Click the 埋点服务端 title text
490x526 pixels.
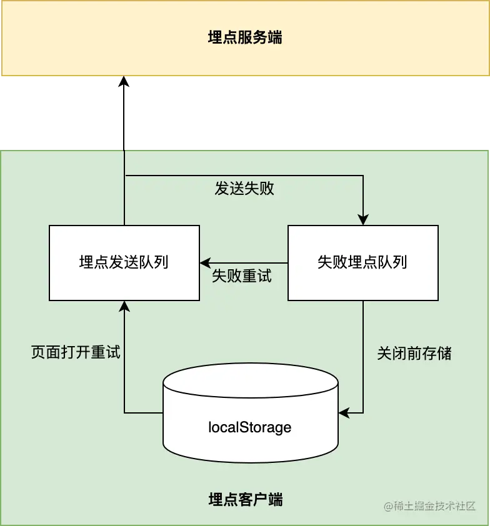(x=245, y=37)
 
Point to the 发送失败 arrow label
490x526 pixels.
(x=244, y=189)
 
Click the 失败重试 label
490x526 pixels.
(x=242, y=276)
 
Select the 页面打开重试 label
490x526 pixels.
(x=76, y=352)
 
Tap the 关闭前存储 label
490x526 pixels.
(x=414, y=354)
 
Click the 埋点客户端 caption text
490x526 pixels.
(x=245, y=500)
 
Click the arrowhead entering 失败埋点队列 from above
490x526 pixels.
(x=362, y=220)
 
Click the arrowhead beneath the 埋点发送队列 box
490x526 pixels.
(x=124, y=306)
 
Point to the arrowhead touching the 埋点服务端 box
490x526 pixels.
(x=124, y=79)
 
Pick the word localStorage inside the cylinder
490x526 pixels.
(x=250, y=427)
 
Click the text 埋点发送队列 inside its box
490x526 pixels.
(x=124, y=262)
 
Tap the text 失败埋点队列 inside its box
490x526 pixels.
(x=362, y=262)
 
